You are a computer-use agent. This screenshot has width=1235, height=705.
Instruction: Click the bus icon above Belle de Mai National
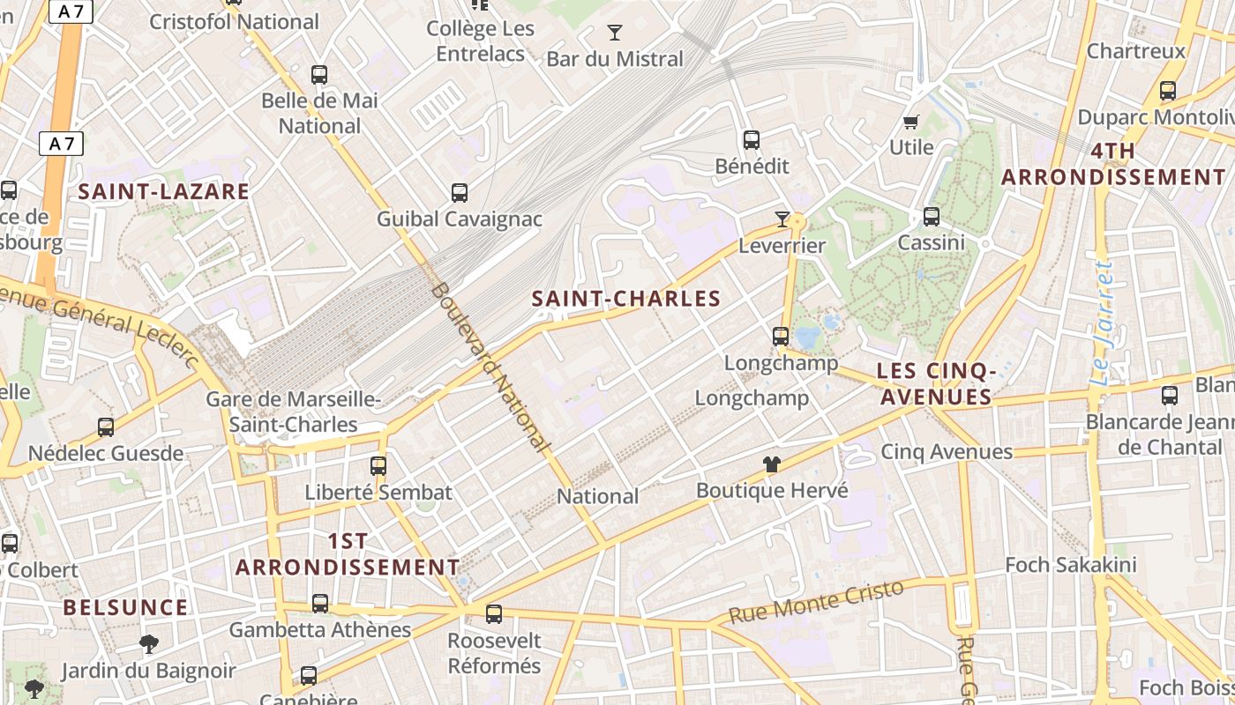[x=319, y=75]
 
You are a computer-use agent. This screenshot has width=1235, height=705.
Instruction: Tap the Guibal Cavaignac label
[x=459, y=219]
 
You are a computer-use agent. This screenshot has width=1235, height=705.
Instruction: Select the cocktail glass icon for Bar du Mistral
[x=615, y=33]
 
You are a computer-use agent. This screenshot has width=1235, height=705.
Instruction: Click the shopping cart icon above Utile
[x=910, y=122]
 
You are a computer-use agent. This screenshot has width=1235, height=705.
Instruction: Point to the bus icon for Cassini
[x=931, y=216]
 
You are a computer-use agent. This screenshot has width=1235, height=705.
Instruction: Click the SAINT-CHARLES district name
[x=626, y=299]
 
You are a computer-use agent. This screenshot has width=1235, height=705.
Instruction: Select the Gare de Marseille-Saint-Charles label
[x=293, y=412]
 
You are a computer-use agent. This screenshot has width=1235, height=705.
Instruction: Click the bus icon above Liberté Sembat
[x=378, y=465]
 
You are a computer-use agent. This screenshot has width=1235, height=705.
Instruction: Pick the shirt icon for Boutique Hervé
[x=772, y=464]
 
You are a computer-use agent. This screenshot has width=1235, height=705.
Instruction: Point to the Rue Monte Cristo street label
[x=816, y=601]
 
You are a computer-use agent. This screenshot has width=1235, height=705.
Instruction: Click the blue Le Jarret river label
[x=1103, y=323]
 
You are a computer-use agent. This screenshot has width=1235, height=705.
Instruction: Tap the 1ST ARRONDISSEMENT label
[x=348, y=554]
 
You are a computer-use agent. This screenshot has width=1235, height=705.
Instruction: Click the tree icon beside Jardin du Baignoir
[x=149, y=644]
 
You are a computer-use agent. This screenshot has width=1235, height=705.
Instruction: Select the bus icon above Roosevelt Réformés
[x=494, y=613]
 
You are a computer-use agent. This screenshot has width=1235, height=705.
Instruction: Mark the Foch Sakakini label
[x=1071, y=564]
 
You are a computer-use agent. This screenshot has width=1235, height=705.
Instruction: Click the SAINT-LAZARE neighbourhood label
[x=164, y=191]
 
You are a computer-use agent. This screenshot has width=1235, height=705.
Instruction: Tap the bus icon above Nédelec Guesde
[x=106, y=427]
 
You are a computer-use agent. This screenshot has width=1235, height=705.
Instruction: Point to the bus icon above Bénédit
[x=752, y=139]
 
